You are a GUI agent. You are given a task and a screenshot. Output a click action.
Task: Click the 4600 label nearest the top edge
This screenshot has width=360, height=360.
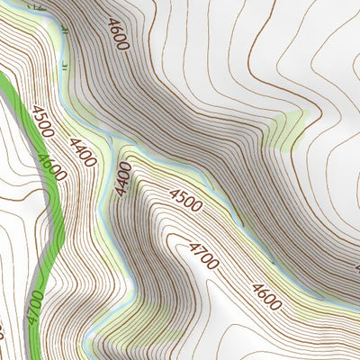[116, 33]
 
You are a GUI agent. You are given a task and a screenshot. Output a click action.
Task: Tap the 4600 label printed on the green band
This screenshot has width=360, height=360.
[51, 167]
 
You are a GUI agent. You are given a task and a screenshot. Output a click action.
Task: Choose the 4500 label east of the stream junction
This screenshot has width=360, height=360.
[185, 200]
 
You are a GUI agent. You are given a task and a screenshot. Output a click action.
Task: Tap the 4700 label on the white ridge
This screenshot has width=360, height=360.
[204, 256]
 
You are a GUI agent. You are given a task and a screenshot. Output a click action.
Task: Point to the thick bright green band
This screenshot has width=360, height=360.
[47, 216]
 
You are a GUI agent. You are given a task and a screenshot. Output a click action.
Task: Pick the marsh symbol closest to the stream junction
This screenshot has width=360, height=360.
[65, 65]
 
